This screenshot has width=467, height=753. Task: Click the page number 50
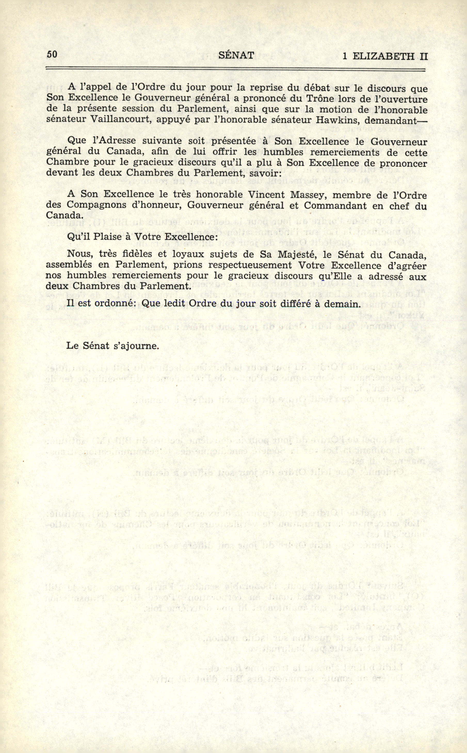tap(52, 54)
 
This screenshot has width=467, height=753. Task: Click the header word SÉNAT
tap(236, 55)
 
